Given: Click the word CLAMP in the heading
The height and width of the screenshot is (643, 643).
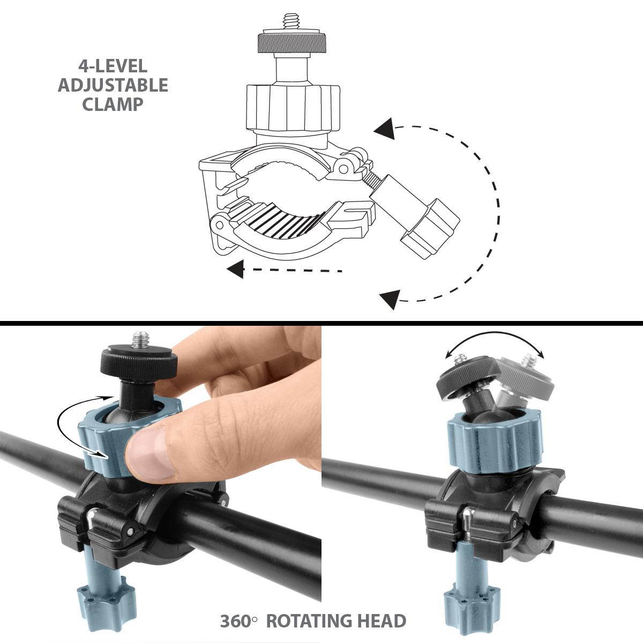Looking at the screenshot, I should tap(113, 104).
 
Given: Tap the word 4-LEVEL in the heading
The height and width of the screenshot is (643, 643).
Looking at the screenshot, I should tap(113, 66).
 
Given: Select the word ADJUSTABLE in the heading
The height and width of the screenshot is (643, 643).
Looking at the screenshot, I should tap(113, 85).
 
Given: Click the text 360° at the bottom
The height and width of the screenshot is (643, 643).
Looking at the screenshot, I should tap(238, 621).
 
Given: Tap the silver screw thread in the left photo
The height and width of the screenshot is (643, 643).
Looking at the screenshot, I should tap(141, 339).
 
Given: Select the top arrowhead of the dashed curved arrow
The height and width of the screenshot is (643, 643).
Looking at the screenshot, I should tap(385, 129).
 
